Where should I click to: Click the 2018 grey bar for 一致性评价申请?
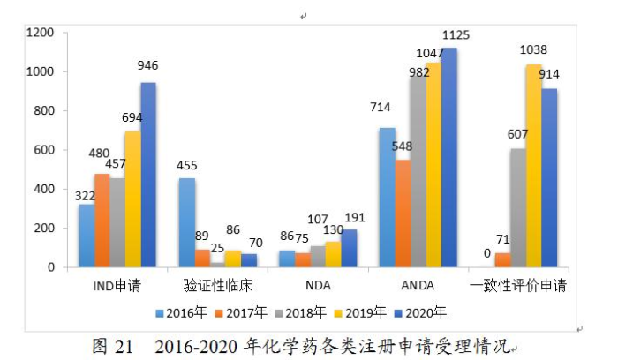click(x=516, y=207)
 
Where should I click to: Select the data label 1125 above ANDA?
click(x=455, y=35)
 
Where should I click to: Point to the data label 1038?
click(x=533, y=50)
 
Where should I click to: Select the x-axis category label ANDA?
click(x=418, y=286)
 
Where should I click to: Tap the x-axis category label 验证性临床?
click(x=218, y=286)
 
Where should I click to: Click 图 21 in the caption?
click(x=110, y=346)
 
